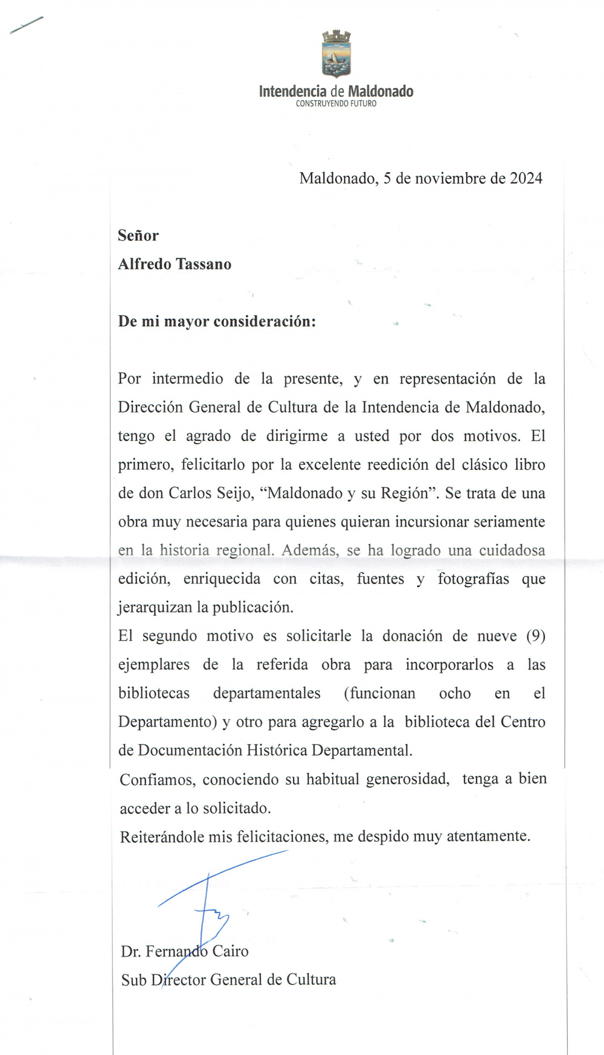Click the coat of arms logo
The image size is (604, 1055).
click(x=336, y=54)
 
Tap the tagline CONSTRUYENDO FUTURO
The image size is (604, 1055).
click(x=336, y=104)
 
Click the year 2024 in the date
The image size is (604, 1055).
click(x=526, y=178)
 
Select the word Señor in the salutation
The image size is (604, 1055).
click(x=138, y=236)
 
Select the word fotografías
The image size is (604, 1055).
click(x=473, y=579)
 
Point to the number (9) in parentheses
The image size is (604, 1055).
click(x=536, y=636)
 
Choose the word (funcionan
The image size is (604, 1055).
click(x=380, y=693)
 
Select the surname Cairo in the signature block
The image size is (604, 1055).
click(x=230, y=951)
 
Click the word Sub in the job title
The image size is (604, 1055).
click(x=133, y=980)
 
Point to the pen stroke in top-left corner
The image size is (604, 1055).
click(x=27, y=25)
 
